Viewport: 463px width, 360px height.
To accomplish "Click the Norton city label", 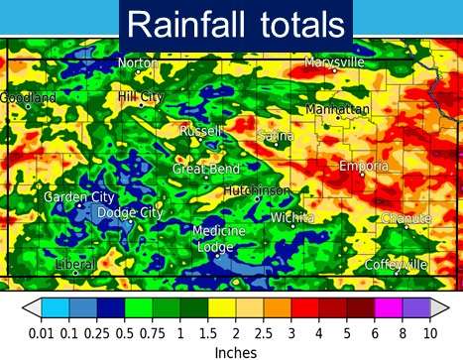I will tap(138, 63).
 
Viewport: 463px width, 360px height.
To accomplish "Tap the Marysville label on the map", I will tap(335, 62).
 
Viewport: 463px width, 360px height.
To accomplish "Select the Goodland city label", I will tap(28, 98).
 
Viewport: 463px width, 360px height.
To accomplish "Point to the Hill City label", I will tap(140, 96).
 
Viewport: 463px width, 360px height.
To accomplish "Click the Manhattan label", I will tap(337, 108).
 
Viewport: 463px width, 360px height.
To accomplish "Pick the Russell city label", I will tap(201, 131).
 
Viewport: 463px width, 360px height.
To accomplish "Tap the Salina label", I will tap(276, 135).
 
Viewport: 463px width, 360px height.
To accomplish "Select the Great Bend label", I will tap(206, 170).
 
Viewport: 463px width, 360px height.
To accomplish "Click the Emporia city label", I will tap(364, 166).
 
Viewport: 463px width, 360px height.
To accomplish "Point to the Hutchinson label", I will tap(257, 189).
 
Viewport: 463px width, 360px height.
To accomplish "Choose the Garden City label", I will tap(79, 197).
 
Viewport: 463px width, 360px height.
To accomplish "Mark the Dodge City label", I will tap(130, 213).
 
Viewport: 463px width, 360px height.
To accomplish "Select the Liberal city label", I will tap(75, 265).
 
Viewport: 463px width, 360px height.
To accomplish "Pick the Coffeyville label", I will tap(396, 265).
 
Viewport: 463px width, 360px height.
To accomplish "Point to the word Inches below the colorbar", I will tap(236, 352).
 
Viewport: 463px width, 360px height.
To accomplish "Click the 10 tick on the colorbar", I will tap(431, 333).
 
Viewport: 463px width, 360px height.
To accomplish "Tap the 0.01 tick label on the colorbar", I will tap(40, 333).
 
